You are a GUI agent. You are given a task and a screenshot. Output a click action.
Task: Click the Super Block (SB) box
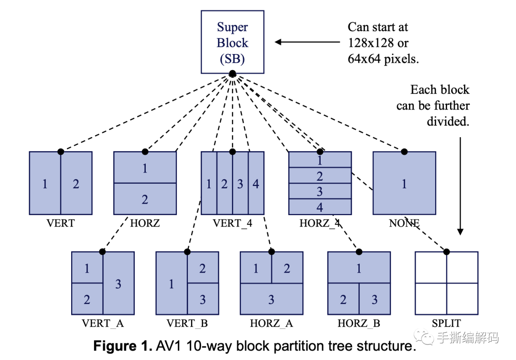point(232,43)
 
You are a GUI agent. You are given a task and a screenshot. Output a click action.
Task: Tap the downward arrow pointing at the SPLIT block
point(460,186)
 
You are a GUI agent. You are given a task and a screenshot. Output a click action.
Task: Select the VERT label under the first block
point(61,223)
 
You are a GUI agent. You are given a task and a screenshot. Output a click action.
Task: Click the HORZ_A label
point(271,324)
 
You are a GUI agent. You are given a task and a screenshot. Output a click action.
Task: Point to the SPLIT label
point(446,324)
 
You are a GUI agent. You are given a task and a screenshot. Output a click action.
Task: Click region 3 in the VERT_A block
point(118,284)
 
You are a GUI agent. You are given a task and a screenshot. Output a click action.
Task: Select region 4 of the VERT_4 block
point(256,184)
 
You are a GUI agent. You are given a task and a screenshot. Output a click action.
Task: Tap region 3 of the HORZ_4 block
point(320,192)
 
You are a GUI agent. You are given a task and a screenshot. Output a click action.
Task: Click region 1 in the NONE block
point(404,184)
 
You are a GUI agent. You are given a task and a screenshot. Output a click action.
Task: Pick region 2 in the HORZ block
point(145,199)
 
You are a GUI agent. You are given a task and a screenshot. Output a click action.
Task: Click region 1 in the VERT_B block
point(171,284)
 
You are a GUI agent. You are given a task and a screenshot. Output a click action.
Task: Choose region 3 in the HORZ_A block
point(271,300)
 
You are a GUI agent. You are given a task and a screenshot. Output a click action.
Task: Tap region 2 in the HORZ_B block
point(343,300)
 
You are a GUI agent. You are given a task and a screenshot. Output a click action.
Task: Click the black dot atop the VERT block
point(61,152)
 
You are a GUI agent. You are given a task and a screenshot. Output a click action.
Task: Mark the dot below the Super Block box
point(232,74)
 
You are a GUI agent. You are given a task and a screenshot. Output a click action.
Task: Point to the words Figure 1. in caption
point(121,346)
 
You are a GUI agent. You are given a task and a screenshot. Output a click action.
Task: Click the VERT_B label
point(187,324)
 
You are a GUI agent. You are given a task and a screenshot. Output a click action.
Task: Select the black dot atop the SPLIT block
point(447,251)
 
